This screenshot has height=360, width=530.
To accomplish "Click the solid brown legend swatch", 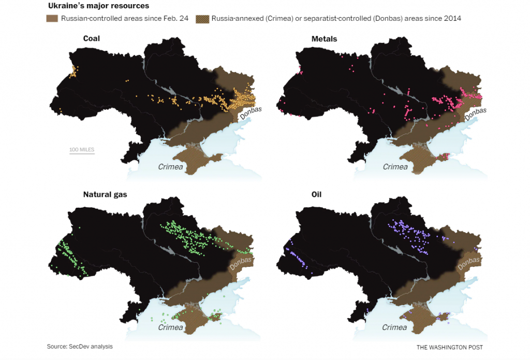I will tap(52, 19).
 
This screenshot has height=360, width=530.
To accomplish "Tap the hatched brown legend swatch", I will tap(202, 19).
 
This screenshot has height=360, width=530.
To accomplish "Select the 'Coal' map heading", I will tap(92, 38).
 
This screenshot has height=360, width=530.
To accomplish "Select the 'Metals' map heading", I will tap(325, 39).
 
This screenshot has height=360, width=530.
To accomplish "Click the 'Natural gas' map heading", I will tap(105, 195).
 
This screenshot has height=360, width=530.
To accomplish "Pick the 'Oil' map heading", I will tap(317, 195).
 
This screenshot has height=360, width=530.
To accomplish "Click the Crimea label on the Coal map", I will tap(171, 167).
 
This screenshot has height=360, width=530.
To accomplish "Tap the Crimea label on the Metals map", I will tap(395, 167).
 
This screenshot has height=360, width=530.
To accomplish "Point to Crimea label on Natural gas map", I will tap(171, 327).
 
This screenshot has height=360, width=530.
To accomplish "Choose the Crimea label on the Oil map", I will tap(394, 327).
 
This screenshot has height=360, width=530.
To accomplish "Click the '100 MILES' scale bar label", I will tap(82, 150).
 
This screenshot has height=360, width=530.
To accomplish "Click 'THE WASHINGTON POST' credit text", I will tap(449, 347).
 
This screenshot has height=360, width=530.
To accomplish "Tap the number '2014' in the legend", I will tap(452, 19).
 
